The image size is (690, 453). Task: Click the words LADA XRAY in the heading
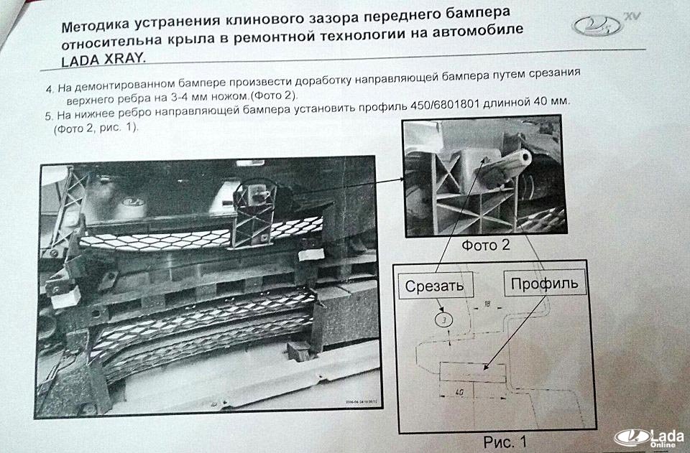tap(103, 59)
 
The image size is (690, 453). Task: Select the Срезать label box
tap(436, 286)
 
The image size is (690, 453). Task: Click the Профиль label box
tap(544, 283)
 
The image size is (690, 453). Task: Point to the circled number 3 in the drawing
tap(443, 320)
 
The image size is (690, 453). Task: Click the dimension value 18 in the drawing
tap(487, 303)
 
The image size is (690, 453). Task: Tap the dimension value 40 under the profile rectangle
tap(459, 392)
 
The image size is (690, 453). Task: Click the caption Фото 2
tap(485, 245)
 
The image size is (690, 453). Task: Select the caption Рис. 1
tap(505, 441)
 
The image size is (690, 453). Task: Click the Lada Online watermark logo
tap(650, 438)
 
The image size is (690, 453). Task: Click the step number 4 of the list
tap(50, 89)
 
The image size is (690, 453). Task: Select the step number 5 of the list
tap(48, 117)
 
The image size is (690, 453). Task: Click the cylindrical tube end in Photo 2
tap(525, 157)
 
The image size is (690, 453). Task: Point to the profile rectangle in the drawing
tap(473, 372)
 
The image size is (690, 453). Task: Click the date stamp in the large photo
tap(358, 401)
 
